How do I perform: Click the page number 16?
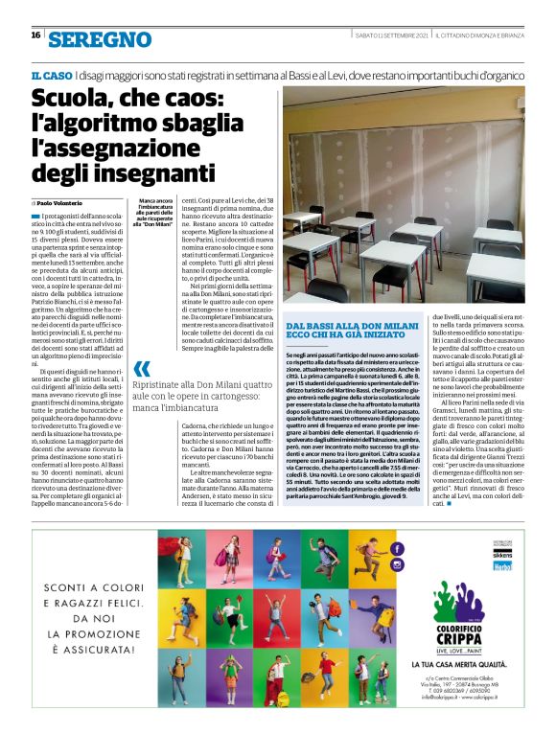coord(35,35)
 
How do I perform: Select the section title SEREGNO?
coord(100,38)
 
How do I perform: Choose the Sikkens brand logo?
coord(529,553)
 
